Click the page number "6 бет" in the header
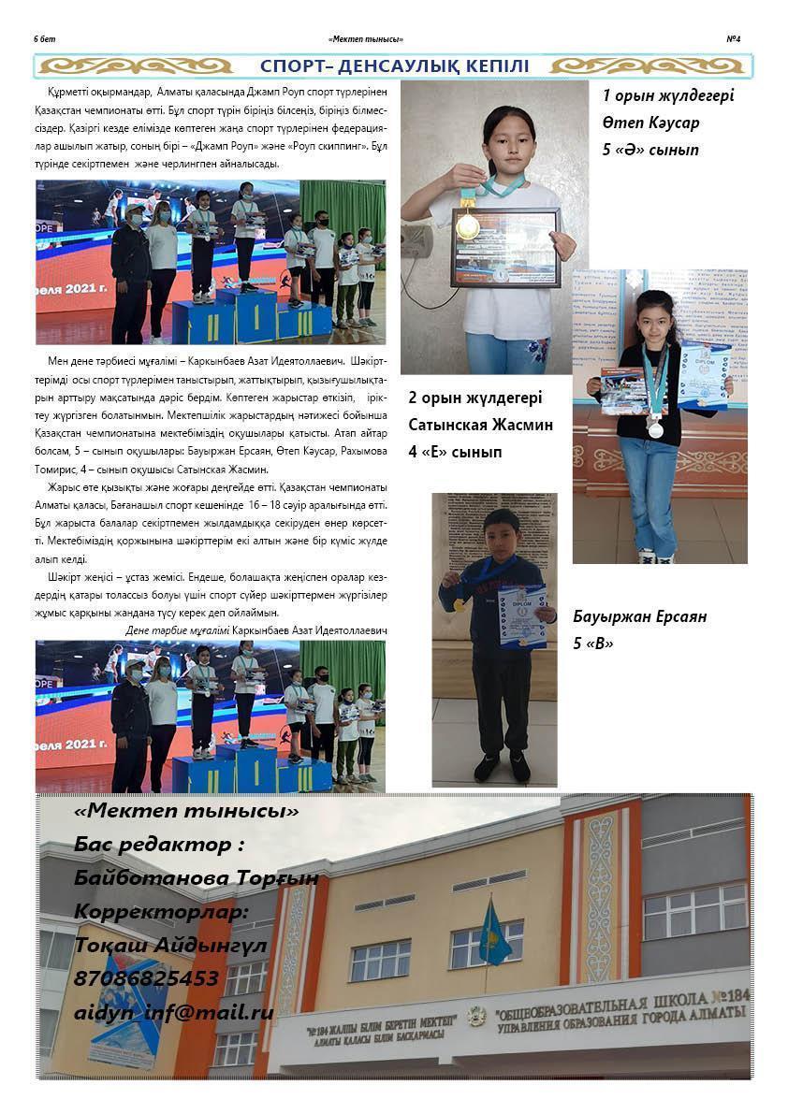[45, 39]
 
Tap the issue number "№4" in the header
[734, 39]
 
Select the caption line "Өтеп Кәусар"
[650, 123]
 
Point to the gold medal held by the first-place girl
[467, 225]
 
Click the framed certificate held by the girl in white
[504, 246]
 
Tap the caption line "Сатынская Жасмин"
[480, 425]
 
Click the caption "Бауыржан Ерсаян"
[639, 616]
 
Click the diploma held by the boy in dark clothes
[521, 615]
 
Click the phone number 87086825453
[146, 979]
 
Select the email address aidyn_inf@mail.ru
[173, 1012]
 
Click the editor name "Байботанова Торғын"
[196, 878]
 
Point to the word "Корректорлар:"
[161, 912]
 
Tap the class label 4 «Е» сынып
[455, 452]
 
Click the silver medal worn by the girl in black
[655, 430]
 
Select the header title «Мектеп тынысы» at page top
[366, 39]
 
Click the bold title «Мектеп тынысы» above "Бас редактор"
[186, 811]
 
